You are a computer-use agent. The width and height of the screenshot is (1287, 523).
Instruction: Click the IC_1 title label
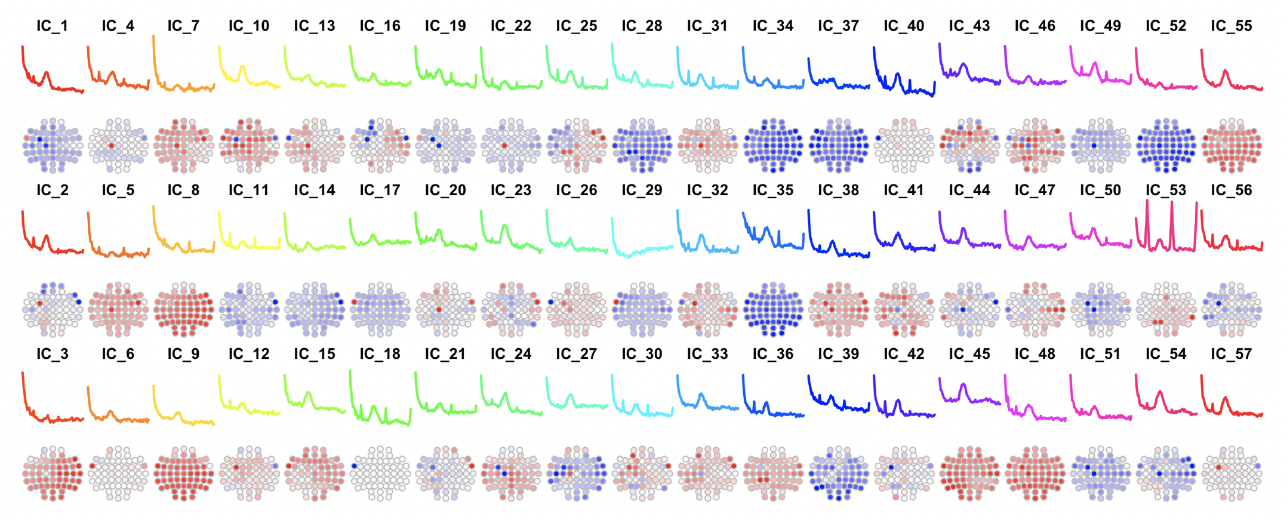click(x=52, y=26)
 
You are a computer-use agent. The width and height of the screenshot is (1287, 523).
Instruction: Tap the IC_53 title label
click(x=1165, y=190)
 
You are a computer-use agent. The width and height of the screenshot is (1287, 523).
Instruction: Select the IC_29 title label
click(x=642, y=190)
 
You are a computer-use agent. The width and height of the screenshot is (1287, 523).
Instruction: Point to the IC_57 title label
click(x=1231, y=355)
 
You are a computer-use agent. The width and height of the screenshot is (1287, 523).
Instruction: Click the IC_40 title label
click(x=904, y=26)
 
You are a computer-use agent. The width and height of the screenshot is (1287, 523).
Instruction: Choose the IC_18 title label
click(x=380, y=355)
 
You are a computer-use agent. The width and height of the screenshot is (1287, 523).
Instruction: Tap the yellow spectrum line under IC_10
click(x=242, y=70)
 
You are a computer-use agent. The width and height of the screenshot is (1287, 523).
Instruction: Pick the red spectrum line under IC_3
click(x=52, y=418)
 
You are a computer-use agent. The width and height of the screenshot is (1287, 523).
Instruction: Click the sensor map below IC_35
click(x=773, y=309)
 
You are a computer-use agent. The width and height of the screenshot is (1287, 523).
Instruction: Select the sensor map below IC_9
click(x=183, y=473)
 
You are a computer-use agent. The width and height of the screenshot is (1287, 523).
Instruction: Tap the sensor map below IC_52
click(x=1165, y=145)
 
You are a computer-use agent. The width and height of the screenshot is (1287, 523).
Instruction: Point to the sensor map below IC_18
click(x=380, y=473)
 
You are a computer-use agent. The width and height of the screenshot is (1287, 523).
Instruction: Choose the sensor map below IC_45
click(x=969, y=473)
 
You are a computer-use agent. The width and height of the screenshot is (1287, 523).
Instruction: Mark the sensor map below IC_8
click(x=183, y=309)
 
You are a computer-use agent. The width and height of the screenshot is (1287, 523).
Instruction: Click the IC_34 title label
click(x=773, y=26)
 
